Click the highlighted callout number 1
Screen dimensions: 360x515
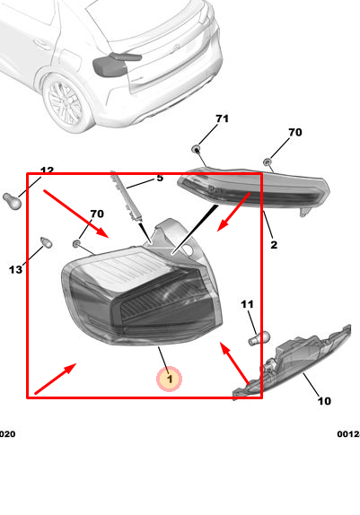tap(170, 380)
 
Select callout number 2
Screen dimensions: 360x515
tap(274, 244)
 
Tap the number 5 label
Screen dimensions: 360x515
tap(160, 178)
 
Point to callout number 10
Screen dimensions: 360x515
tap(324, 401)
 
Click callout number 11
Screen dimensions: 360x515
tap(247, 304)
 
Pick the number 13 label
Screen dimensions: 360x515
tap(15, 270)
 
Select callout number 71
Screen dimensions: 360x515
tap(223, 118)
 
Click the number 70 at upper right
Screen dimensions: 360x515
tap(295, 132)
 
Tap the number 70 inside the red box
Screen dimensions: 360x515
tap(97, 214)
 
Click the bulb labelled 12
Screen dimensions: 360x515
tap(13, 201)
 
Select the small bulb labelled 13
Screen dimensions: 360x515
tap(47, 242)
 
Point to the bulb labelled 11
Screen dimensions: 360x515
tap(259, 338)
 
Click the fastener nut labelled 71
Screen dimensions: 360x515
tap(196, 149)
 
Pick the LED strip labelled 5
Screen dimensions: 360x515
tap(127, 196)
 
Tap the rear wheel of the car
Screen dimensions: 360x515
tap(65, 102)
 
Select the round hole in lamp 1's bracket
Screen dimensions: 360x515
tap(188, 249)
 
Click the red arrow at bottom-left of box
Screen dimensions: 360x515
tap(56, 379)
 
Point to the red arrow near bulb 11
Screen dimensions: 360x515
tap(235, 363)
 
